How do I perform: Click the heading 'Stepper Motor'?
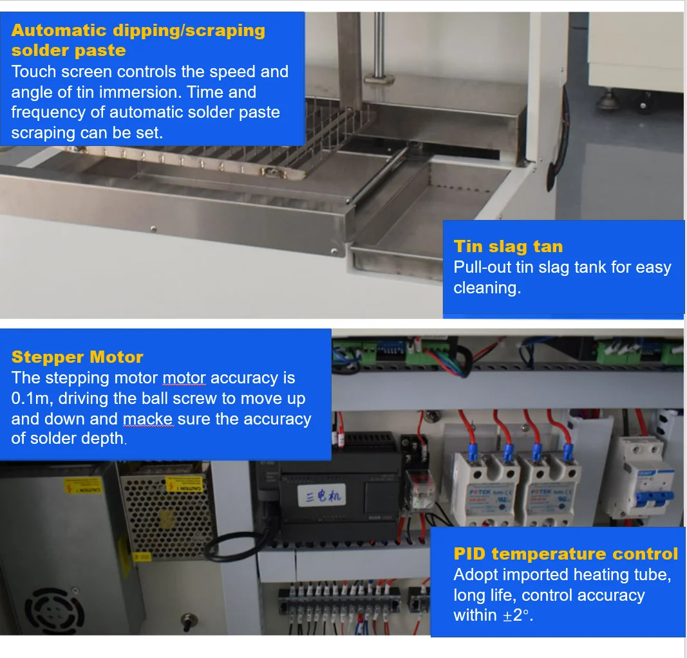pos(77,357)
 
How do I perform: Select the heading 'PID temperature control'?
pos(565,554)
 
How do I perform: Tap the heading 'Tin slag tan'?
pos(508,246)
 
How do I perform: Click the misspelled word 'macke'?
pos(147,419)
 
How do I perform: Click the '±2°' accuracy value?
pos(518,616)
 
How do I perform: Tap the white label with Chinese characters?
pos(326,495)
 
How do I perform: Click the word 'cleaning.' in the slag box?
pos(487,288)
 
